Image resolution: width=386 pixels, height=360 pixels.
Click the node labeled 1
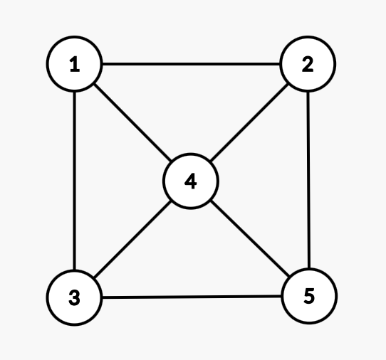pyautogui.click(x=74, y=64)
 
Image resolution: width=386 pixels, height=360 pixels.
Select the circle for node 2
pyautogui.click(x=308, y=64)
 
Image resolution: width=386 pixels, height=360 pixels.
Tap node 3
pyautogui.click(x=74, y=298)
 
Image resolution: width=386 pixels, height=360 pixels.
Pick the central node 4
pyautogui.click(x=191, y=181)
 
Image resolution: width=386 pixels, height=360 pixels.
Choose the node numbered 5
pyautogui.click(x=309, y=296)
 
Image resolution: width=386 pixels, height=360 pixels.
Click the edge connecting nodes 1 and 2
pyautogui.click(x=191, y=64)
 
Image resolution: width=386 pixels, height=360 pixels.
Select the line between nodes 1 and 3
pyautogui.click(x=74, y=181)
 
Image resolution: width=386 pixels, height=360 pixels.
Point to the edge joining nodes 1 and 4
pyautogui.click(x=132, y=122)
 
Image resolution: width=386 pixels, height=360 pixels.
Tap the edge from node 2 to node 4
pyautogui.click(x=249, y=122)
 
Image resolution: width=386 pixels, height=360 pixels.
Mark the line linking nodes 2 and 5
pyautogui.click(x=308, y=180)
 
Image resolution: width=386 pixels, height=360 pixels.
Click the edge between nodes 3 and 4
pyautogui.click(x=132, y=240)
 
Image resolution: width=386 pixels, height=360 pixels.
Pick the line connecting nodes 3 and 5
pyautogui.click(x=192, y=297)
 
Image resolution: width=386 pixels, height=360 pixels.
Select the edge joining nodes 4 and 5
pyautogui.click(x=250, y=238)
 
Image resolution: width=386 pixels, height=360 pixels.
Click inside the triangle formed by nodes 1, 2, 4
pyautogui.click(x=191, y=103)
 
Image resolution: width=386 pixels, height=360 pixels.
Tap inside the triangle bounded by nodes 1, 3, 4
pyautogui.click(x=113, y=181)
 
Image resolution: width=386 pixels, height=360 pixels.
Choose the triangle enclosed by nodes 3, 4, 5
pyautogui.click(x=192, y=258)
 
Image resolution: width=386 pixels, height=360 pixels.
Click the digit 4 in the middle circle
pyautogui.click(x=191, y=181)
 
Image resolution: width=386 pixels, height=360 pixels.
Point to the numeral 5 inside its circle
pyautogui.click(x=309, y=296)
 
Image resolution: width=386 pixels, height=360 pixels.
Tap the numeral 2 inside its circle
pyautogui.click(x=308, y=64)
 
